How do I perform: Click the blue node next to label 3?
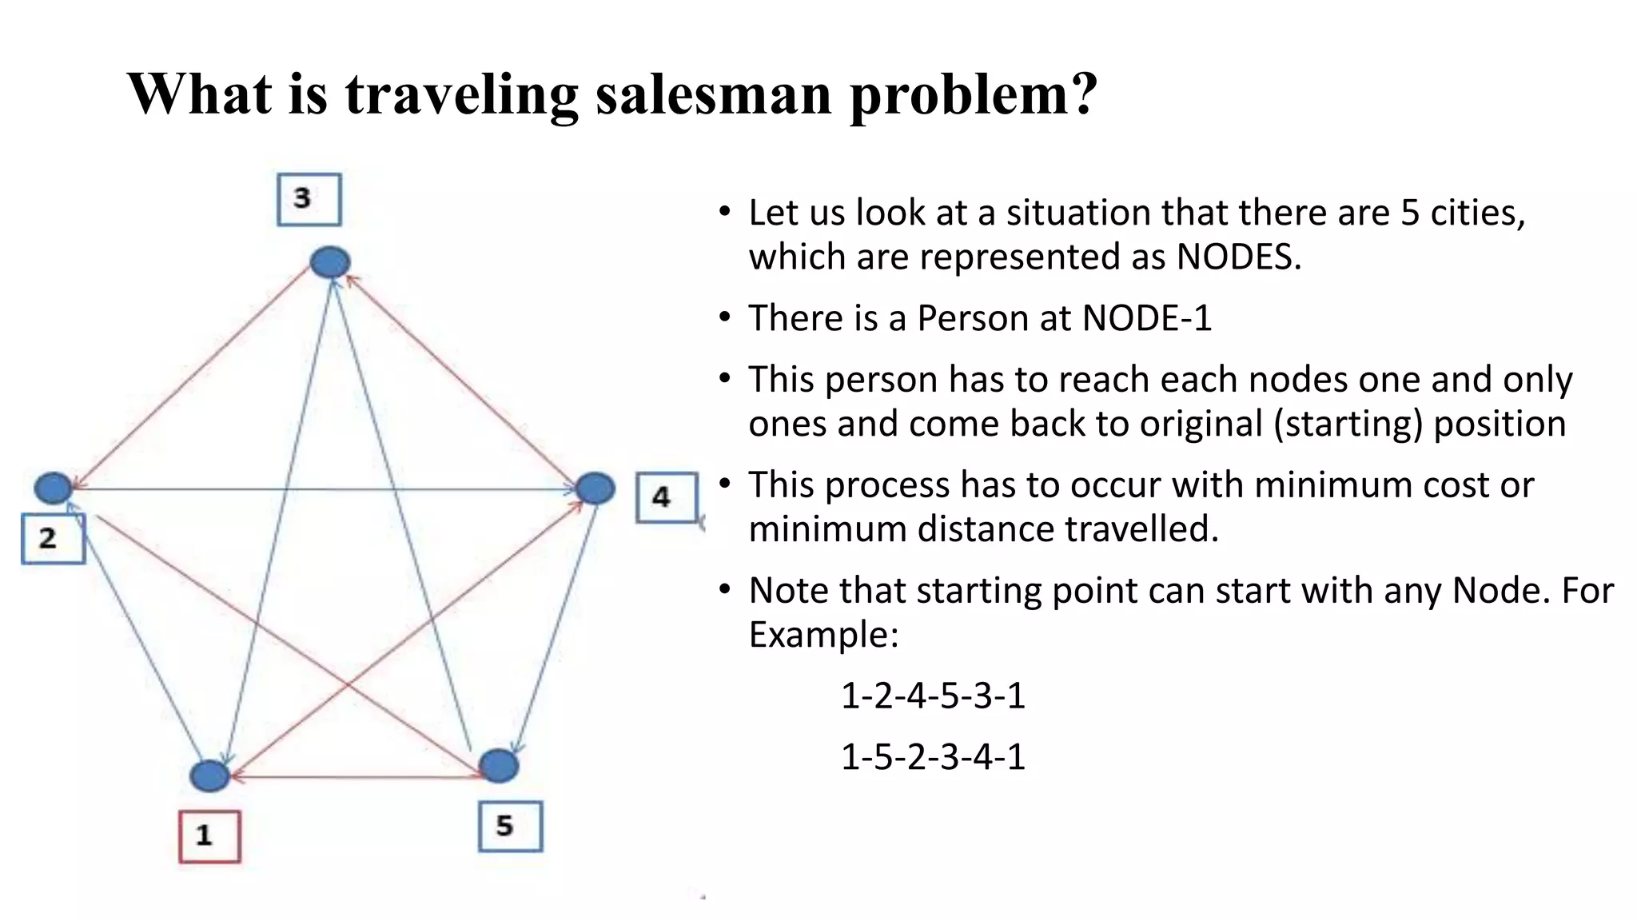coord(329,262)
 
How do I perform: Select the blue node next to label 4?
coord(595,488)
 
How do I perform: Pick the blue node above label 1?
coord(209,775)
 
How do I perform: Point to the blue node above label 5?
coord(499,766)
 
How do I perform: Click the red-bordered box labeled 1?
coord(209,836)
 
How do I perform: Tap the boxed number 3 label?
coord(309,199)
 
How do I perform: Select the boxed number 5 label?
coord(510,827)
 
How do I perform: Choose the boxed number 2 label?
coord(52,539)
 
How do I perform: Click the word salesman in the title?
coord(714,94)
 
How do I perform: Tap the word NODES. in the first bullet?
coord(1239,257)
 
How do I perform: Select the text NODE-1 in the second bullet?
coord(1146,318)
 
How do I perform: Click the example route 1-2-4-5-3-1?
coord(933,696)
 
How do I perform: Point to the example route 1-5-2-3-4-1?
coord(933,756)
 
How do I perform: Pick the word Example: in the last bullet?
coord(824,635)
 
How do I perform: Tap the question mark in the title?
coord(1083,94)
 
